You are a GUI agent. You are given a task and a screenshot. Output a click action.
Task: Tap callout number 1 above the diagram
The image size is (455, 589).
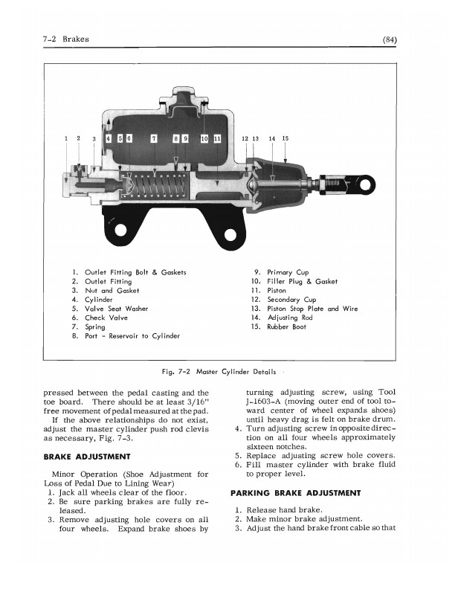point(66,138)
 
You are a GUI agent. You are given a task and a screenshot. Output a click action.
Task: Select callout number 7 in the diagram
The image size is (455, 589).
point(154,138)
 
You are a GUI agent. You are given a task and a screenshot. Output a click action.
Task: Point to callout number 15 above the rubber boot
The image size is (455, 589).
point(285,138)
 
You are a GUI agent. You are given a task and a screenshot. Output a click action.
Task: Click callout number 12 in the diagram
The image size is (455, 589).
point(245,138)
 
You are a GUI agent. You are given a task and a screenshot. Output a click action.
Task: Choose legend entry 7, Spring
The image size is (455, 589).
point(94,326)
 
